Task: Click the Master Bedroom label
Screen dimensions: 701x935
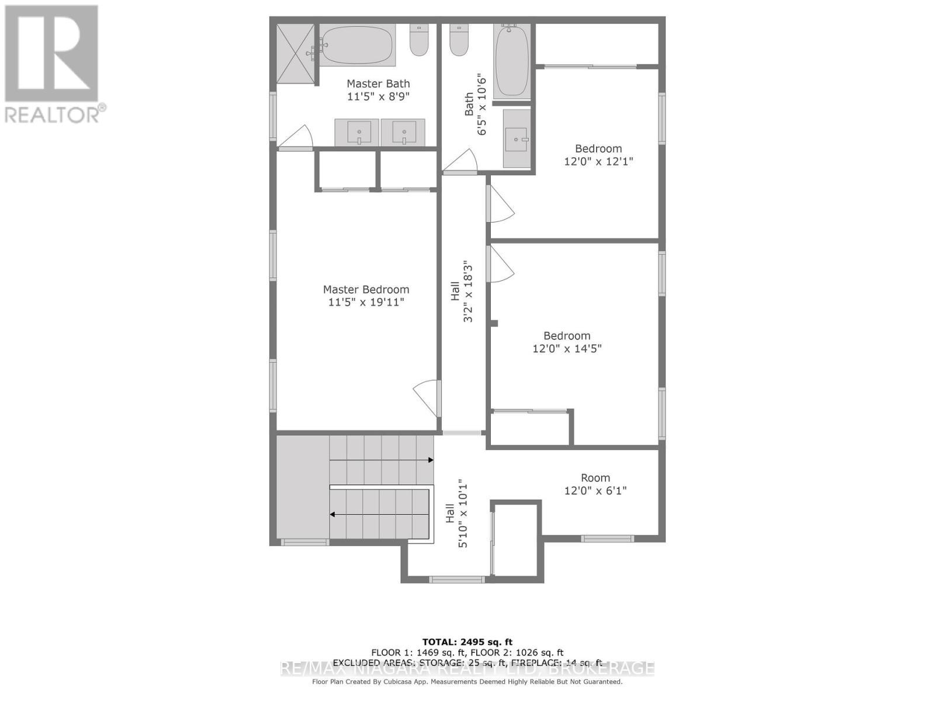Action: pos(366,290)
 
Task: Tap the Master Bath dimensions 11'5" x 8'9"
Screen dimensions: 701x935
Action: pos(378,96)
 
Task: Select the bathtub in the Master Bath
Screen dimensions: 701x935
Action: pos(357,45)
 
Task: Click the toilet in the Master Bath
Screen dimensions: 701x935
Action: pos(419,40)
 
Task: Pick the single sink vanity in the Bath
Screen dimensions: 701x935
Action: pos(517,139)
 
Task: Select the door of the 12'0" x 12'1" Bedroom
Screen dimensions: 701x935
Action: pos(500,204)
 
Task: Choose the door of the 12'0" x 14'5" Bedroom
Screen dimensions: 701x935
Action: pos(500,263)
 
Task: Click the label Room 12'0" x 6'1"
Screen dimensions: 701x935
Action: pos(595,484)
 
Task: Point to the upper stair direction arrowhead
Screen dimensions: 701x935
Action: pos(431,460)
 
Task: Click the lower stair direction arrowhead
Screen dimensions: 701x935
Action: pos(333,515)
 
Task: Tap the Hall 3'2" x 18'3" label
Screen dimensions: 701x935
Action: pos(461,291)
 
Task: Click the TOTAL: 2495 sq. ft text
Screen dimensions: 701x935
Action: pos(467,642)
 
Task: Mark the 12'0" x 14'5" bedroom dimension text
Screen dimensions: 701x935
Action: pos(567,349)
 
